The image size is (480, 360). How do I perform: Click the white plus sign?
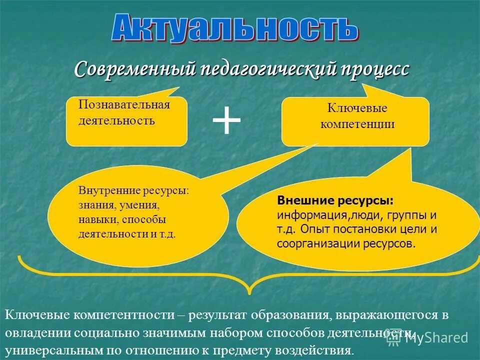point(226,121)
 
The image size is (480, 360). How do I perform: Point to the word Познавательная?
point(124,104)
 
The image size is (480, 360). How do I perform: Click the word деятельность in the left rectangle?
point(116,120)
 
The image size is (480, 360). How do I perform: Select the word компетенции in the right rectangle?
point(357,124)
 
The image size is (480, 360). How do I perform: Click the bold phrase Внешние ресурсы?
point(335,200)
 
